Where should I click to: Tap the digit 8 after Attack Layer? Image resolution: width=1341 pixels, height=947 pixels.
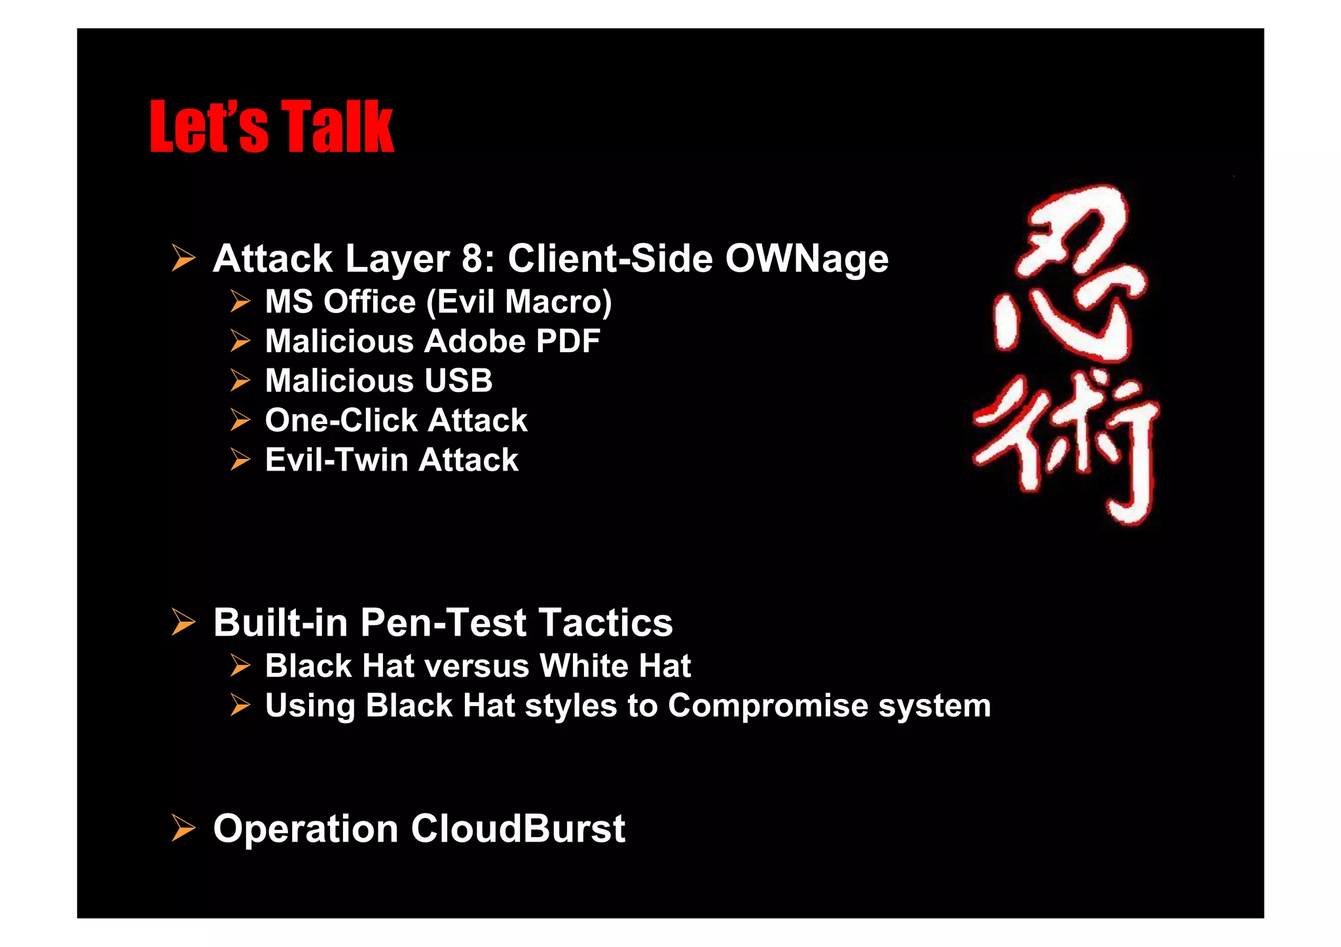pos(472,259)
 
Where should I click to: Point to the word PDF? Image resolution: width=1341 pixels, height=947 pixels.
pos(568,341)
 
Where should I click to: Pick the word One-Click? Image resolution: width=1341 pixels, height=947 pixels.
pos(341,420)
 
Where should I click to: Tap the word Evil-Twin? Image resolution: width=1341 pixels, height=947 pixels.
pos(336,459)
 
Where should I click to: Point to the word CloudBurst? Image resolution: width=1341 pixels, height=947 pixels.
pos(518,829)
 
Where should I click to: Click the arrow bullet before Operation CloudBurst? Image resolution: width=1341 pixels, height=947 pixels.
pos(183,829)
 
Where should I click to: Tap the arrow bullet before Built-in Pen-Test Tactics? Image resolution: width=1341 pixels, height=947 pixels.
pos(183,622)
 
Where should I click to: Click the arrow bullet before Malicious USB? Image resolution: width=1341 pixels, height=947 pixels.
pos(240,381)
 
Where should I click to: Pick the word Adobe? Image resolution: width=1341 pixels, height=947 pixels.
pos(475,341)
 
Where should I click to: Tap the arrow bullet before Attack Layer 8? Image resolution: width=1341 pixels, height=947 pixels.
pos(183,259)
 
